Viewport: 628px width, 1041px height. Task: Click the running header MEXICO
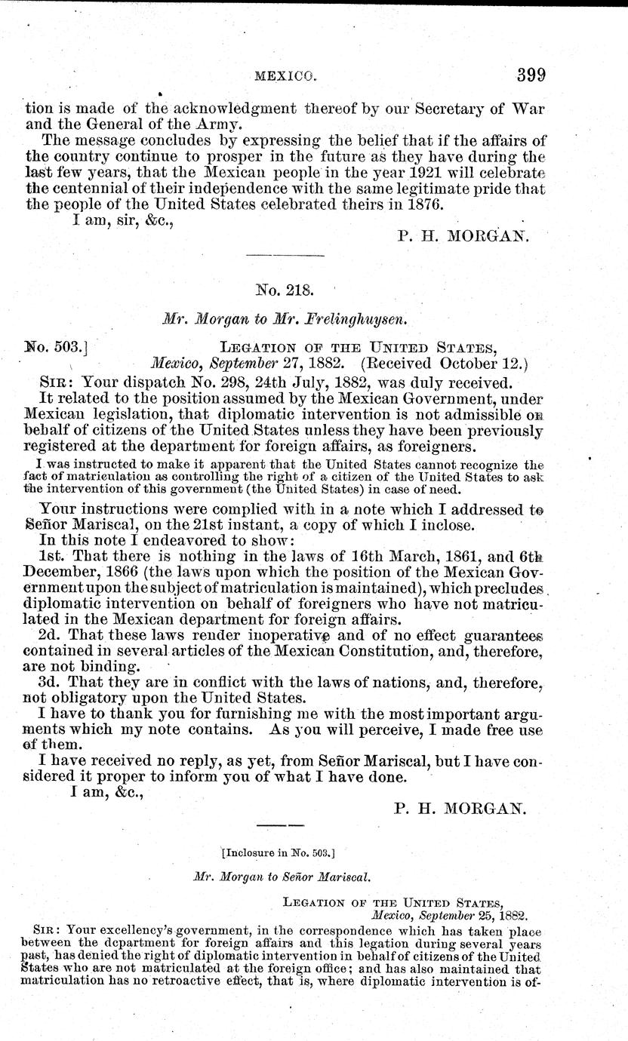click(285, 76)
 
